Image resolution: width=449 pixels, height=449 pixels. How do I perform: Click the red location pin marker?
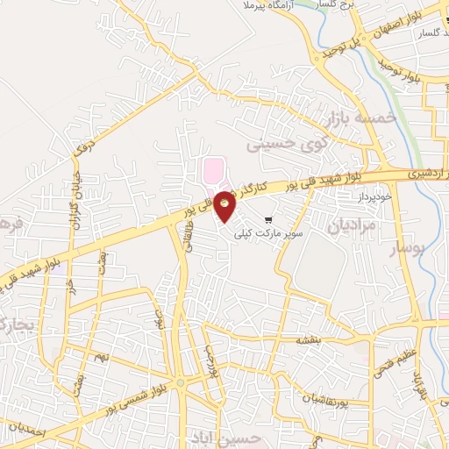[x=225, y=204]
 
